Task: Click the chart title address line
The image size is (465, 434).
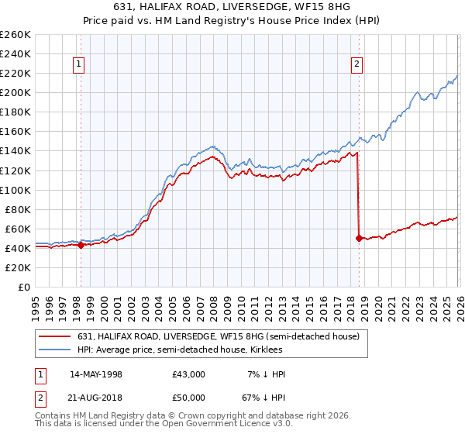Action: [x=232, y=7]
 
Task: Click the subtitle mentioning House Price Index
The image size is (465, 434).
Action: [x=232, y=21]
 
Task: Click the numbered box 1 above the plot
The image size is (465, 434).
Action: [x=81, y=65]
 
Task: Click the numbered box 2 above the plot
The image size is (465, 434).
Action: [x=357, y=65]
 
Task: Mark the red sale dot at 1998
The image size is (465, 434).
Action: [x=81, y=245]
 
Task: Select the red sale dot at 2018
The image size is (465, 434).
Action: [x=358, y=238]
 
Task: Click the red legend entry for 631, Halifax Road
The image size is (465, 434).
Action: [x=218, y=337]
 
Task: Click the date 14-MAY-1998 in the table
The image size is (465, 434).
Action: [x=96, y=374]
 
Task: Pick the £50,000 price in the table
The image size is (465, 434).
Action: [x=188, y=398]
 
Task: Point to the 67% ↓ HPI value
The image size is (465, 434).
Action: [x=264, y=398]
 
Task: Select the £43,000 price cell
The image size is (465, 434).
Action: [x=188, y=374]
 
